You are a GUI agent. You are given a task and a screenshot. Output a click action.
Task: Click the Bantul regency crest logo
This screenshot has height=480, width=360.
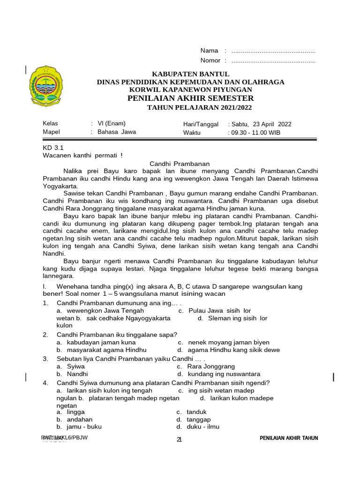coord(45,86)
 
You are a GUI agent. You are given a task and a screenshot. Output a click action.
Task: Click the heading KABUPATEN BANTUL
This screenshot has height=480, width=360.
coord(190,74)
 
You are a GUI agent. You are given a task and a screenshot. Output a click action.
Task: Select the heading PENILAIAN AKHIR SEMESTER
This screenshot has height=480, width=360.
coord(190,98)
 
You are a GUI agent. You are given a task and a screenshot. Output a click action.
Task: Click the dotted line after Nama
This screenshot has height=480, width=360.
coord(273,51)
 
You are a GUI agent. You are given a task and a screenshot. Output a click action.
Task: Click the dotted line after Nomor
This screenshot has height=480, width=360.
coord(273,60)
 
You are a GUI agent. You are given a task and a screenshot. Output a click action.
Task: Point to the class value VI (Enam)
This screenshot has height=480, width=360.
coord(112,124)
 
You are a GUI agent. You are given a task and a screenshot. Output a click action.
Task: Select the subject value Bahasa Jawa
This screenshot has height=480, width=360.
coord(117,132)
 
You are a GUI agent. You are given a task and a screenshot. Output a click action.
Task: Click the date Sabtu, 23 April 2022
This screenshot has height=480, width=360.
coord(261,124)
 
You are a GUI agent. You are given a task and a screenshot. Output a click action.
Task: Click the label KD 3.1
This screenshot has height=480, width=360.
coord(53,147)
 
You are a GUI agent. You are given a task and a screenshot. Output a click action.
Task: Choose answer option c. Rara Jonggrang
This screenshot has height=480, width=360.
coord(206,366)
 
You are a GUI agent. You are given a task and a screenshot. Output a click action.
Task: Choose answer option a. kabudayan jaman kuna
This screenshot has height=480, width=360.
coord(96,342)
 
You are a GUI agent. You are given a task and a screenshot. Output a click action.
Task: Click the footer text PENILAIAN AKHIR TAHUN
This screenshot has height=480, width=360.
coord(289,438)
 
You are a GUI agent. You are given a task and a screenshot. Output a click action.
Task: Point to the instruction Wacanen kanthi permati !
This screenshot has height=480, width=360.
coord(83,155)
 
